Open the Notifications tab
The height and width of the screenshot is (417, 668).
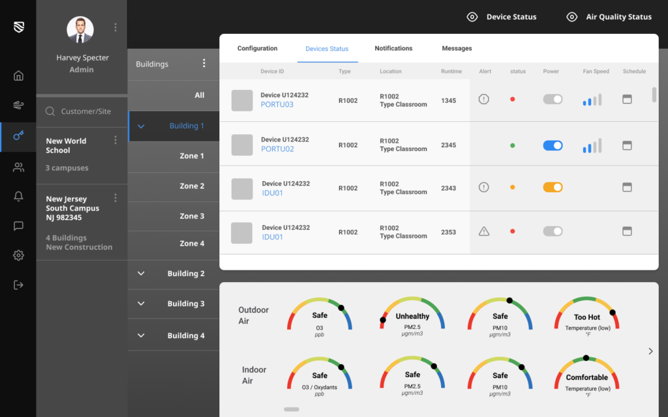(x=393, y=48)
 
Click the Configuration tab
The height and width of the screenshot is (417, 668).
(x=257, y=48)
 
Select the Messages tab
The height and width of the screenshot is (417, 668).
(x=457, y=48)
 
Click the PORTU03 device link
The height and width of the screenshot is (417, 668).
(x=277, y=104)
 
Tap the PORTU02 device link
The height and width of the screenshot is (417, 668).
(x=277, y=149)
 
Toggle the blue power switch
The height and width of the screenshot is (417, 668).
(x=553, y=145)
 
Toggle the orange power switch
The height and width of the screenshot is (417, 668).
(x=553, y=187)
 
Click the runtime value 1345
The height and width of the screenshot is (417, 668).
(x=448, y=101)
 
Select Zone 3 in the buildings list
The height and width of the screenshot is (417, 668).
(x=192, y=216)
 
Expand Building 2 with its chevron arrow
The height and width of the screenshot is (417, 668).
(x=141, y=274)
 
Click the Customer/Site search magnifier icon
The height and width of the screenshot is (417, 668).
(x=50, y=111)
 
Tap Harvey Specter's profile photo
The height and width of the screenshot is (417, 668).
(x=80, y=29)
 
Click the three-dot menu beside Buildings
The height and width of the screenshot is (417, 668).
(x=204, y=63)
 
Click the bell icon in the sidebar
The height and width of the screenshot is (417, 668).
(x=18, y=197)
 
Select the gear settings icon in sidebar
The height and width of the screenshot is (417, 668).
(x=18, y=255)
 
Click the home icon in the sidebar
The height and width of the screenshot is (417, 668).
(x=18, y=76)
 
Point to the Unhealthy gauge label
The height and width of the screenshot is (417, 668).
(x=412, y=317)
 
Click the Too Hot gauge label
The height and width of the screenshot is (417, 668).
(x=587, y=317)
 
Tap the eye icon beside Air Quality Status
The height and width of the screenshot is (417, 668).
(x=572, y=17)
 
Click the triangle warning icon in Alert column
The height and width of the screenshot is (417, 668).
(x=484, y=231)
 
